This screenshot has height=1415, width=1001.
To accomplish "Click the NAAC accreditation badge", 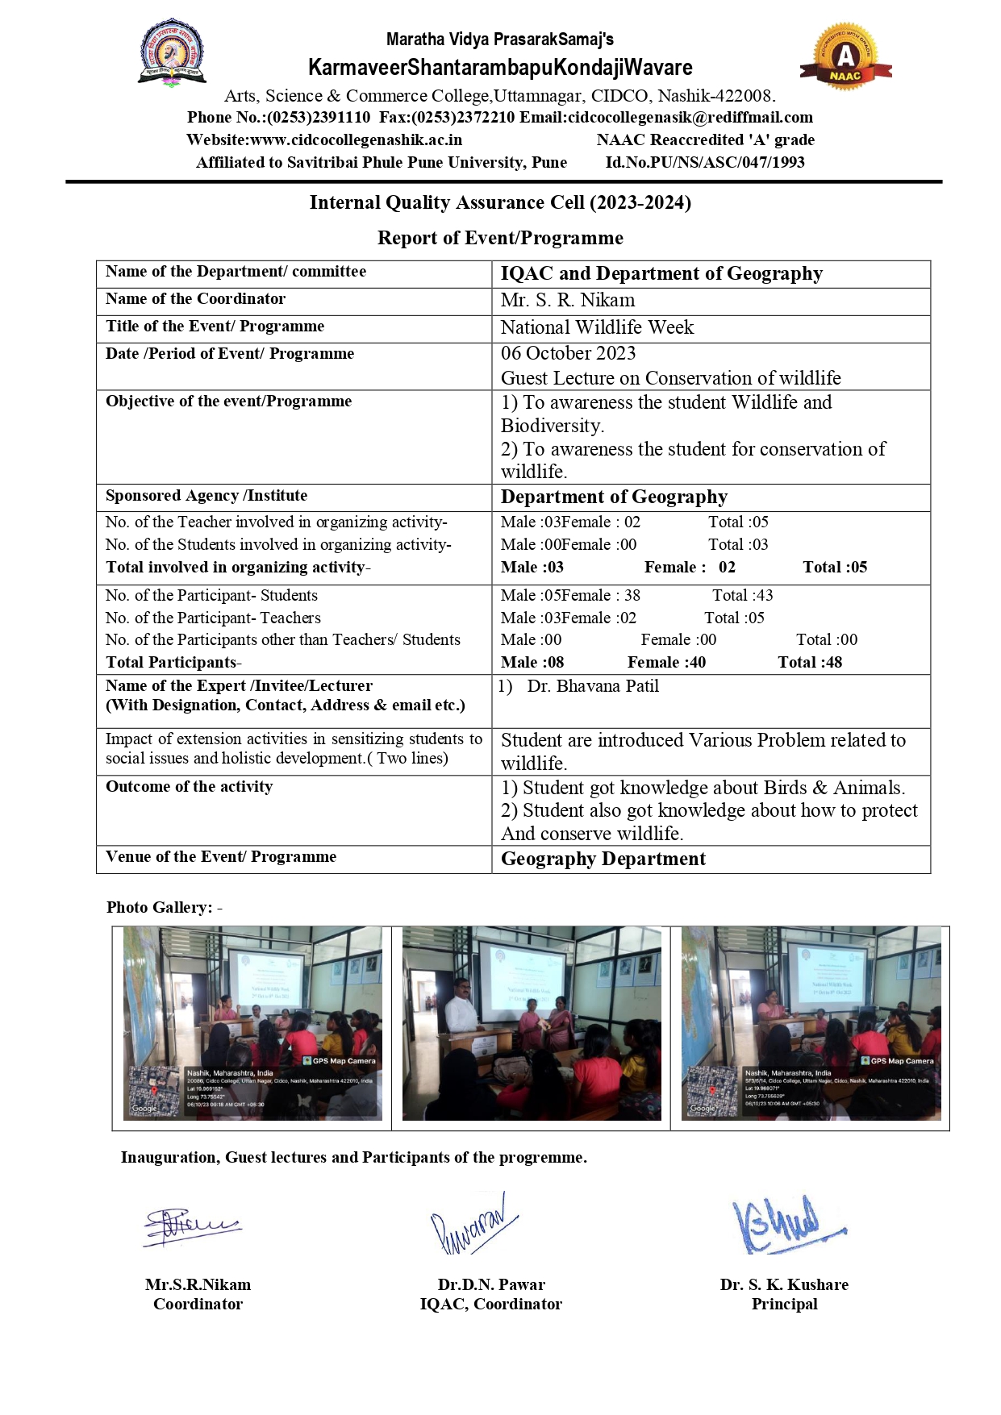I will point(845,56).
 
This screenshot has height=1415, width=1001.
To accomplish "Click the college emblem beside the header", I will point(171,52).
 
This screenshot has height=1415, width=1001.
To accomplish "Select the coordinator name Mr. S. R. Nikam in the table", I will point(567,301).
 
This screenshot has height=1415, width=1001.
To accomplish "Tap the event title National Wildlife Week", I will point(597,327).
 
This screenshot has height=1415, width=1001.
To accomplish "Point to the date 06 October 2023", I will point(568,354).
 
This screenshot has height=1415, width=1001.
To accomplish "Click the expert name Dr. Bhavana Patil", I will point(593,686).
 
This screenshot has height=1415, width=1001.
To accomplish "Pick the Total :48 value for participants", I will point(809,663).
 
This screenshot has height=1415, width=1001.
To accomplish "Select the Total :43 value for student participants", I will point(742,596).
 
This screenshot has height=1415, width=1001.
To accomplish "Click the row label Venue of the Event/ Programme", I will point(221,857).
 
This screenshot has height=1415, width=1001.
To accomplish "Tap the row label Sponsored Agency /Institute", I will point(206,496).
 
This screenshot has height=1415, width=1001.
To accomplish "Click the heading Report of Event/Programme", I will point(500,238).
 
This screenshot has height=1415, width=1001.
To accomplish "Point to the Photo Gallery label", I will point(164,908).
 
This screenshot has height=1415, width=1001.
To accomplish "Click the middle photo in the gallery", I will point(531,1024).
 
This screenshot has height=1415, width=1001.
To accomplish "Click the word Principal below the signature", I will point(784,1305).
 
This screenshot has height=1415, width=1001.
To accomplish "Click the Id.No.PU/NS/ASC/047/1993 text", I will point(704,163).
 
